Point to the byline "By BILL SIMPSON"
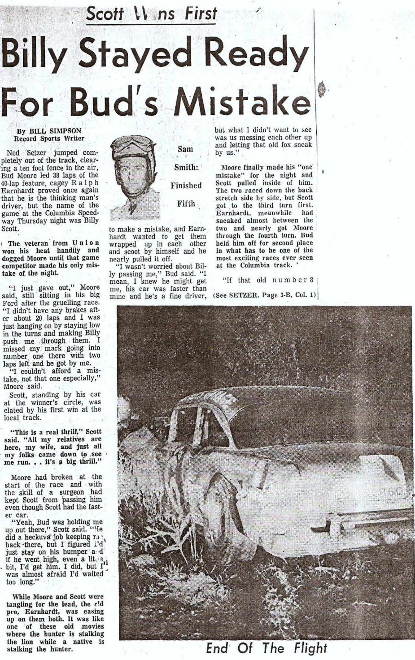coord(49,131)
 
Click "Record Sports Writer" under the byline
coord(49,138)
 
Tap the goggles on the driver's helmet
coord(133,144)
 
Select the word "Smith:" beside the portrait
coord(186,167)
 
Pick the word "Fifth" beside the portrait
coord(186,204)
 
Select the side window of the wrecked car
coord(214,425)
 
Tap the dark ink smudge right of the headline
coord(321,90)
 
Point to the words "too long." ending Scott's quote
coord(20,582)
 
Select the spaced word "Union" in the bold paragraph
coord(85,243)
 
